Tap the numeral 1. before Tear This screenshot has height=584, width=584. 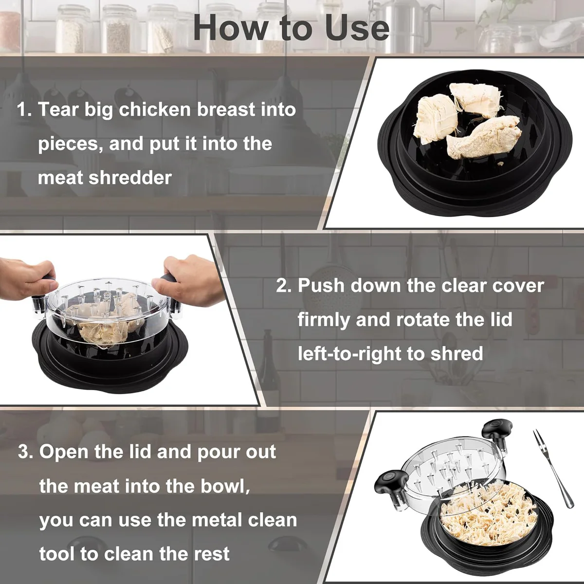24,109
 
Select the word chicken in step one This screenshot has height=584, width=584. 155,109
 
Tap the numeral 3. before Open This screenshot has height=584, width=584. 25,452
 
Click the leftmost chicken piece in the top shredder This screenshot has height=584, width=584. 431,119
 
